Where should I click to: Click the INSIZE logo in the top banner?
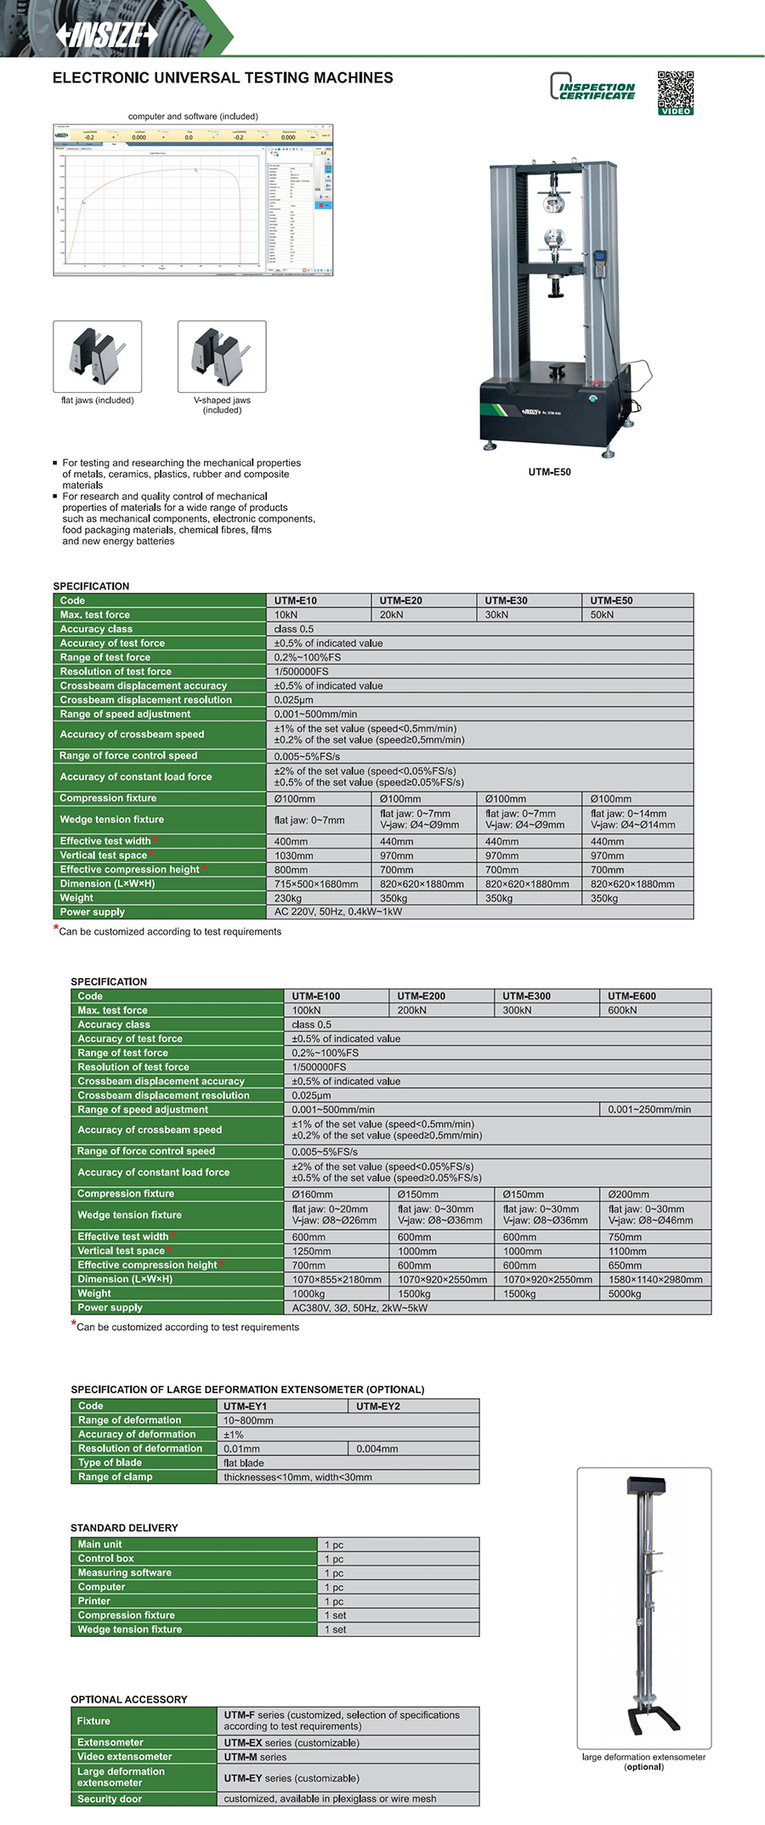(107, 34)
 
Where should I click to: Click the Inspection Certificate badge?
(593, 88)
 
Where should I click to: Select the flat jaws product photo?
(97, 356)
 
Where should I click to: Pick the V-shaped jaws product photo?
(222, 356)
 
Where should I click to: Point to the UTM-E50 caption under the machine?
(550, 472)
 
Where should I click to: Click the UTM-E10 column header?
(296, 600)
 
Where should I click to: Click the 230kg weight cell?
(288, 898)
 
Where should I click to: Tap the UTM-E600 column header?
(632, 996)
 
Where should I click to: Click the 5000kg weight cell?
(625, 1293)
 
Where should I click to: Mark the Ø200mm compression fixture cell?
(628, 1194)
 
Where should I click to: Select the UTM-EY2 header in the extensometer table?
(378, 1406)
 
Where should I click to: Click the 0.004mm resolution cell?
(377, 1448)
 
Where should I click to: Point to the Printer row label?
(94, 1600)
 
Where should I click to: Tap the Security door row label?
(110, 1799)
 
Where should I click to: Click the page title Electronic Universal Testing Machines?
(223, 78)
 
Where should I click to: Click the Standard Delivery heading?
(124, 1527)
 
